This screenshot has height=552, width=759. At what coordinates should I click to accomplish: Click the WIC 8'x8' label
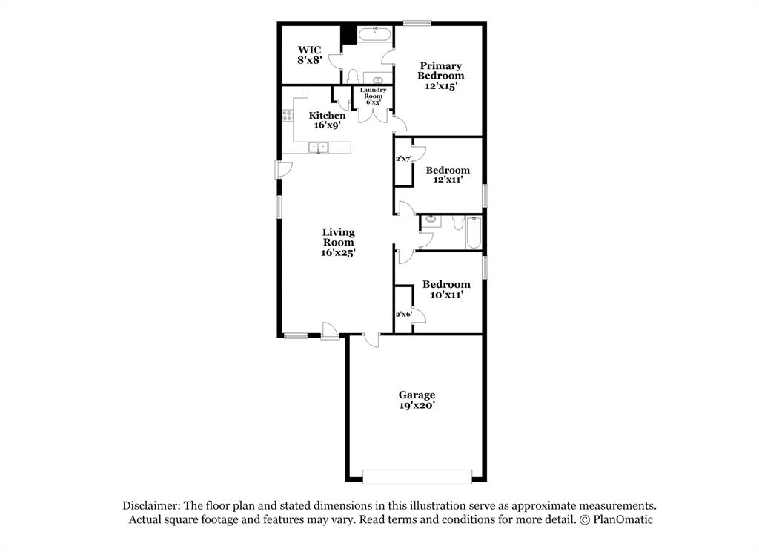click(309, 55)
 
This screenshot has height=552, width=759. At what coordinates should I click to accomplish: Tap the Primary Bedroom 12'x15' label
click(440, 76)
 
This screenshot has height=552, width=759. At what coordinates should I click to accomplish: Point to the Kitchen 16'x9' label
click(327, 120)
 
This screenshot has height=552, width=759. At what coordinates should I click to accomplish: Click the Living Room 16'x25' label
click(338, 242)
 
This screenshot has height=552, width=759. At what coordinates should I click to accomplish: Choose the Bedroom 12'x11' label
click(448, 175)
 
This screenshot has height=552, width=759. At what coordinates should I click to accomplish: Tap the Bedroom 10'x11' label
click(446, 289)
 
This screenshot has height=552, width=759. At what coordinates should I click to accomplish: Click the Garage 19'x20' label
click(417, 400)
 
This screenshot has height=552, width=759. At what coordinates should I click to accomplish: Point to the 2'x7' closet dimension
click(403, 159)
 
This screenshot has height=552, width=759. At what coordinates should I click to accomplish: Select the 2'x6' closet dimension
click(403, 315)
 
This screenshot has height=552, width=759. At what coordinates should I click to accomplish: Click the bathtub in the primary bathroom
click(374, 33)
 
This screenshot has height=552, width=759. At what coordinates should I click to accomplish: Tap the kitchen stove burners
click(286, 116)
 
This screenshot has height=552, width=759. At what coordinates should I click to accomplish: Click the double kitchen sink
click(319, 148)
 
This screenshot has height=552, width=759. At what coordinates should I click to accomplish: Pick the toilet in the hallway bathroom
click(458, 222)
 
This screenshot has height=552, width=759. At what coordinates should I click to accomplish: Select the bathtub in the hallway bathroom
click(474, 232)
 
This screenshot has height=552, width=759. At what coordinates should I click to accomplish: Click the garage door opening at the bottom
click(417, 476)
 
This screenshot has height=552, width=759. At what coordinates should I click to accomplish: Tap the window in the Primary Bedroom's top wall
click(417, 23)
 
